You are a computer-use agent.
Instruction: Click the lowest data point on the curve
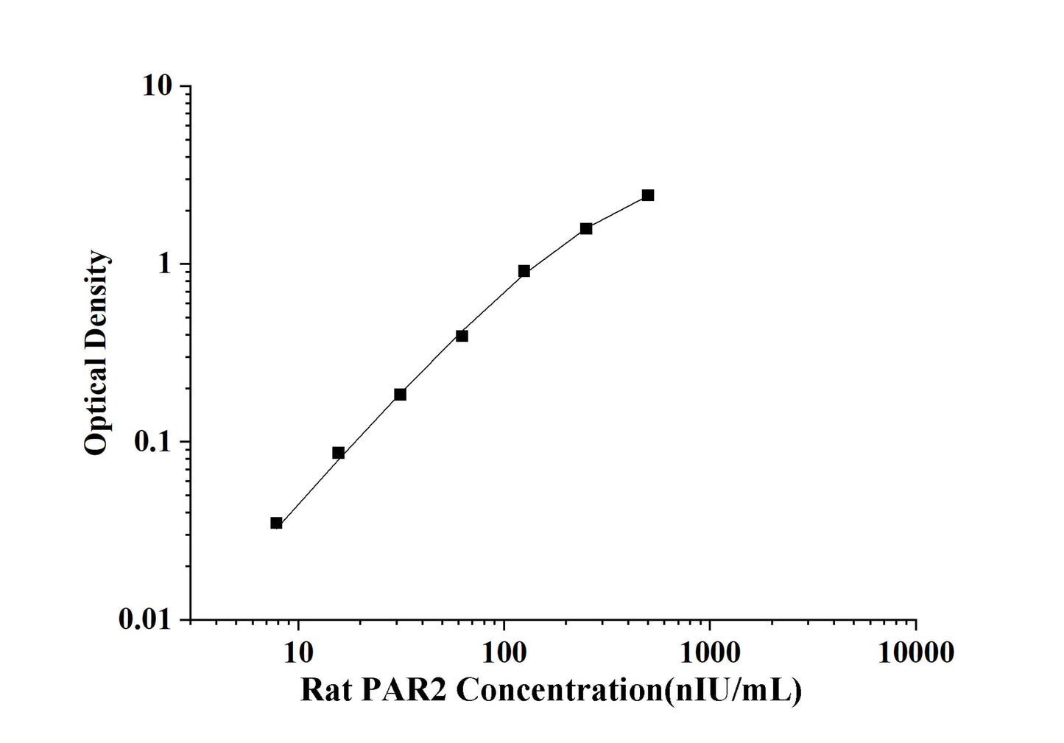point(276,523)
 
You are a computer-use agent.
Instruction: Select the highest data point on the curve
point(647,195)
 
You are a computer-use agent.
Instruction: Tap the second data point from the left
point(338,453)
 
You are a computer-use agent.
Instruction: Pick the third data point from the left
point(400,395)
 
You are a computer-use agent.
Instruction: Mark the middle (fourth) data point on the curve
point(462,336)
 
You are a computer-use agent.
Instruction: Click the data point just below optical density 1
point(524,271)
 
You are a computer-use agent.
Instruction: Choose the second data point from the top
point(585,228)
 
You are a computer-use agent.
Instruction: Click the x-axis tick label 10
point(298,652)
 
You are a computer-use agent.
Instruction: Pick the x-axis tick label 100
point(504,652)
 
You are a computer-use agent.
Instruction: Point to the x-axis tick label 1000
point(709,652)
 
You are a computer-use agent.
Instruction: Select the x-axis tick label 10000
point(915,652)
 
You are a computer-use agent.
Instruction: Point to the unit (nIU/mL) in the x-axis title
point(733,691)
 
